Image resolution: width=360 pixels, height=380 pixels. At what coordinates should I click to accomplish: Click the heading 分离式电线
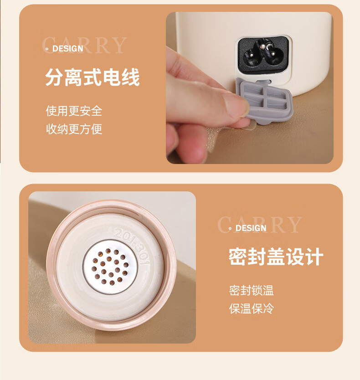(93, 77)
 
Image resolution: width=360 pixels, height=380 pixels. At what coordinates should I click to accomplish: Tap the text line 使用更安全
(74, 111)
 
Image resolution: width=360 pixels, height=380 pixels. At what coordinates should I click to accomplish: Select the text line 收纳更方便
(74, 129)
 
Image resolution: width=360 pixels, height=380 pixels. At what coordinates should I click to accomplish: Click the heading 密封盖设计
(276, 257)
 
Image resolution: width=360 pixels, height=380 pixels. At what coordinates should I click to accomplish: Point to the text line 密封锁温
(252, 290)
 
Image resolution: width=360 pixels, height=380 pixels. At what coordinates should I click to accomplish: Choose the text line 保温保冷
(252, 308)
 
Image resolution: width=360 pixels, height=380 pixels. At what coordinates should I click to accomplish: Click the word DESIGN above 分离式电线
(67, 49)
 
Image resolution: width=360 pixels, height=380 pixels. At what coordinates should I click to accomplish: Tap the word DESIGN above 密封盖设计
(251, 228)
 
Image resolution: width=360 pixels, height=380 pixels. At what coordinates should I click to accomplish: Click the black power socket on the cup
(263, 55)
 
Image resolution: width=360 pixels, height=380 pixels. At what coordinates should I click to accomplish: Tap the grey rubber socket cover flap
(266, 101)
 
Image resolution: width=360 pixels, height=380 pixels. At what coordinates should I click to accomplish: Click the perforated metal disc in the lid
(110, 267)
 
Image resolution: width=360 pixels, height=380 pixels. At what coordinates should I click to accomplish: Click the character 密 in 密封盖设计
(237, 257)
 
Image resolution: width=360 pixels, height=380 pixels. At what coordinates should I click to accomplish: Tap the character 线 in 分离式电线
(131, 77)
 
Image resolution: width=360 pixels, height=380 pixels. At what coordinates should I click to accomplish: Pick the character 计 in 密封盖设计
(314, 257)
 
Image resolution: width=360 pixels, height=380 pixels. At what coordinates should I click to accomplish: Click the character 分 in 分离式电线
(54, 77)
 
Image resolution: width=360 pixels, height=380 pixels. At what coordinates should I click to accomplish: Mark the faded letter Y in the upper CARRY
(118, 45)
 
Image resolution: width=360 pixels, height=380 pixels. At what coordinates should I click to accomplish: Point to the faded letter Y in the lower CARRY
(294, 225)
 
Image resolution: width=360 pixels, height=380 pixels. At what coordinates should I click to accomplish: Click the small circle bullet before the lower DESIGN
(230, 229)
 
